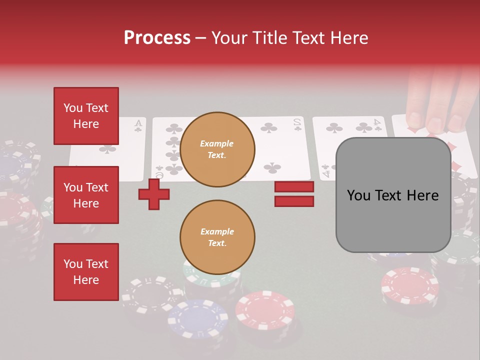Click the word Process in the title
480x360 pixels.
(157, 37)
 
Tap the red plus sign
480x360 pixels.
(154, 193)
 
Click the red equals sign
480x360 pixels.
(294, 194)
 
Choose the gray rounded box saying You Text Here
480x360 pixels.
(393, 195)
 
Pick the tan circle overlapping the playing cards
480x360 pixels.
(217, 149)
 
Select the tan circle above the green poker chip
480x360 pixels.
(217, 237)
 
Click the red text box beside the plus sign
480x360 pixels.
(86, 195)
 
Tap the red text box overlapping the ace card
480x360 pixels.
(86, 116)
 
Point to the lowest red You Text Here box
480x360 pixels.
(86, 272)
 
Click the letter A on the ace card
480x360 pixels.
(138, 123)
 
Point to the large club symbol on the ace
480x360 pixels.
(107, 148)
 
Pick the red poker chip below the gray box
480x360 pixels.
(409, 285)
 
